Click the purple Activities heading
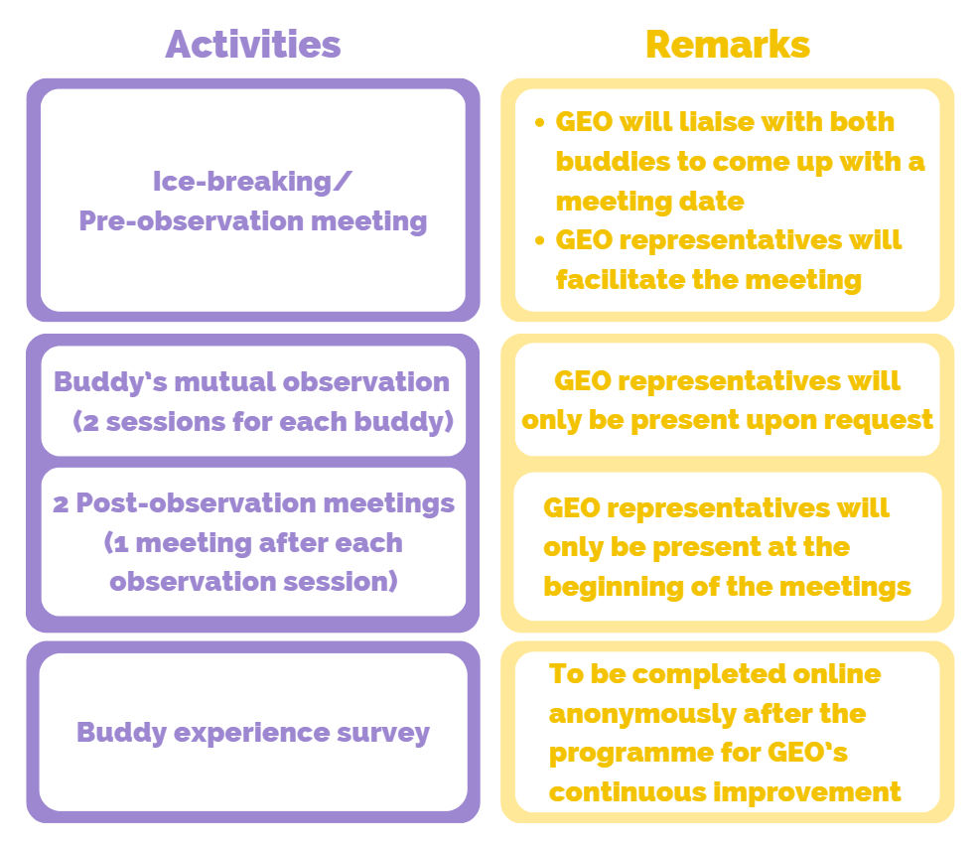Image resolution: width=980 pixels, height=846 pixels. [253, 45]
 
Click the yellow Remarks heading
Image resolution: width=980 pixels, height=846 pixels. [728, 45]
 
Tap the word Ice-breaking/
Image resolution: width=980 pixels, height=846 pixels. [252, 182]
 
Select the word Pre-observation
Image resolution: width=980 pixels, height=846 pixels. [192, 221]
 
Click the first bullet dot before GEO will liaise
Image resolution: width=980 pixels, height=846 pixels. [540, 122]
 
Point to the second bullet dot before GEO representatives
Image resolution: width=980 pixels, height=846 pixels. [540, 240]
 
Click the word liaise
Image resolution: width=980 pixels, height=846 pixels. [716, 122]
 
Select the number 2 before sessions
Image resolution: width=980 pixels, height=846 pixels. [91, 423]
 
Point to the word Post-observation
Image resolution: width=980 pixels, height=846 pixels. [197, 503]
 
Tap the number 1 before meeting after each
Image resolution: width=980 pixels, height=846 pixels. [121, 544]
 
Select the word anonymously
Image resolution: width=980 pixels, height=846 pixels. [642, 714]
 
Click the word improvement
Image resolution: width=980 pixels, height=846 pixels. [807, 792]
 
